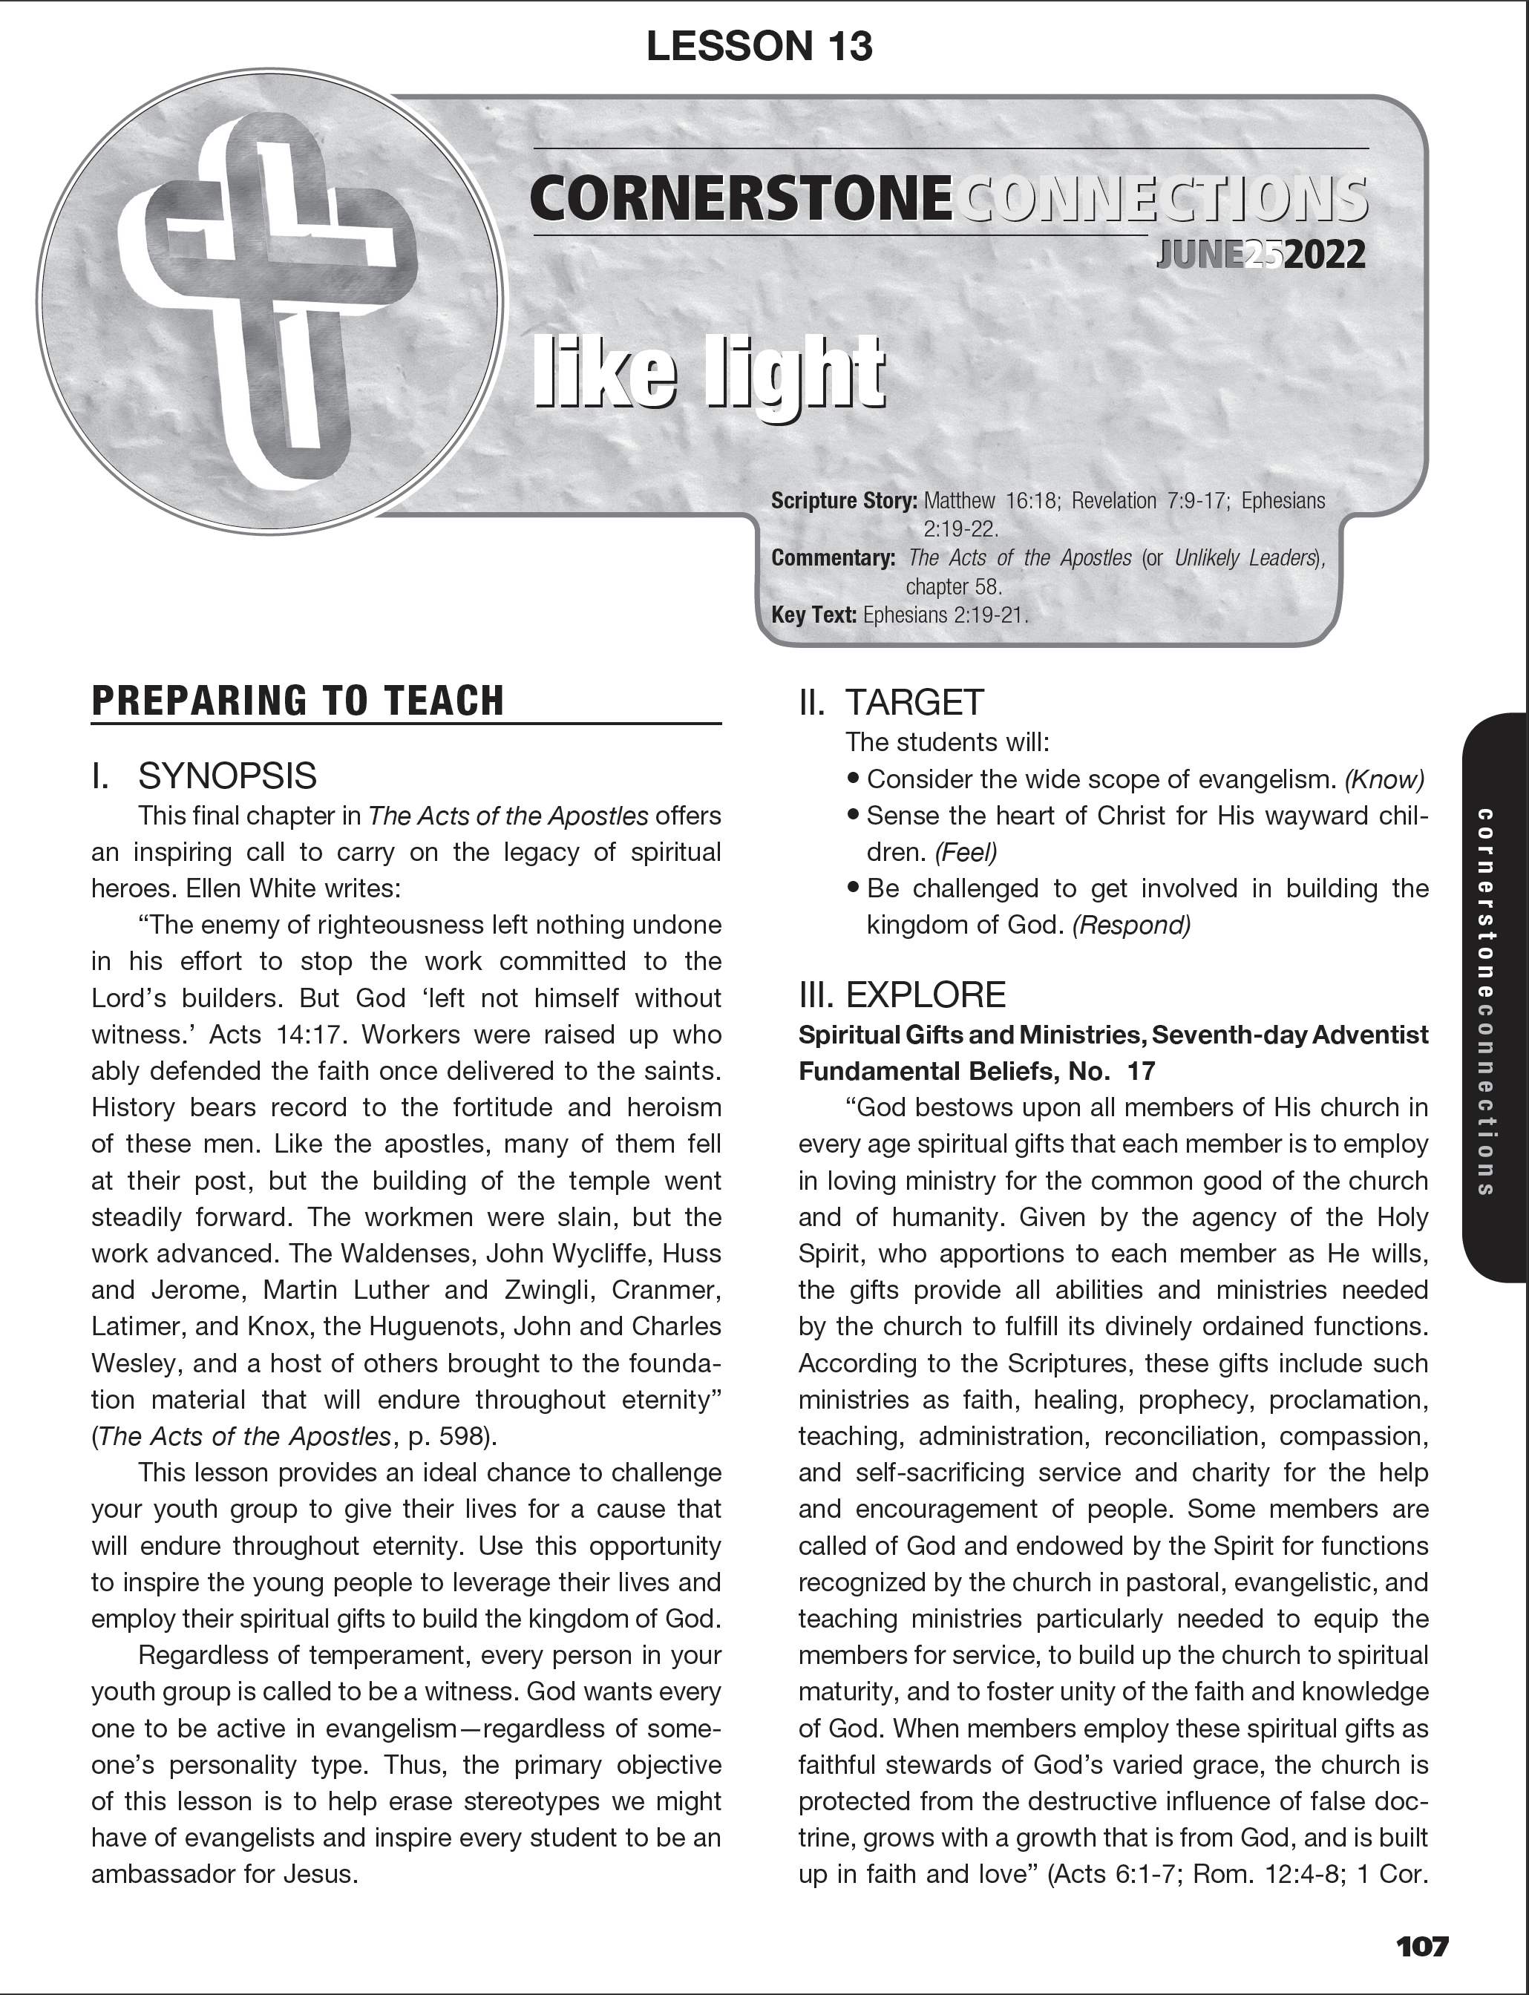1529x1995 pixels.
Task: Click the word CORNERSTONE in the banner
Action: (740, 198)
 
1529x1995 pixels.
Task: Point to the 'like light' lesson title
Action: (708, 373)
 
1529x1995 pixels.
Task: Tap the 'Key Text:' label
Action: (813, 615)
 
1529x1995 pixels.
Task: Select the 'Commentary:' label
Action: (833, 558)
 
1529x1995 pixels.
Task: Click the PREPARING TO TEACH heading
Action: (298, 701)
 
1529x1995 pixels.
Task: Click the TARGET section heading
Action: (914, 703)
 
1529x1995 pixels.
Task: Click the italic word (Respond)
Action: (1131, 926)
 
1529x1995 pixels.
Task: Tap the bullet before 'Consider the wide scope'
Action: (853, 779)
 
